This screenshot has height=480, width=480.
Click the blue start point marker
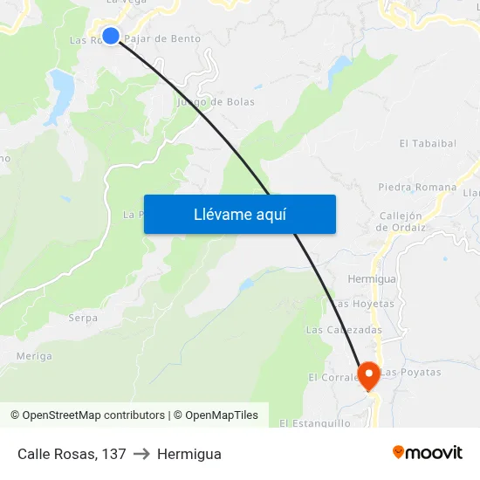click(111, 35)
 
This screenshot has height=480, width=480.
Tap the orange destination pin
click(368, 375)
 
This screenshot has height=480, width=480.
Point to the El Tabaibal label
click(428, 143)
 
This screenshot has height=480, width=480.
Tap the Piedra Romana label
click(417, 187)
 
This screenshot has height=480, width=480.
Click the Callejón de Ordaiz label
click(401, 222)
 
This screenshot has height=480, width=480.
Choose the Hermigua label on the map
click(372, 279)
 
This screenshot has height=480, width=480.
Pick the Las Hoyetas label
click(364, 304)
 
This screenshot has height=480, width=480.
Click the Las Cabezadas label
click(344, 330)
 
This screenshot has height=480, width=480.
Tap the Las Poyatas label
click(410, 373)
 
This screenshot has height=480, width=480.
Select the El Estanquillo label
click(315, 423)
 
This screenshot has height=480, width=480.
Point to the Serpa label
click(83, 319)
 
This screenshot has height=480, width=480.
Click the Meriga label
click(34, 356)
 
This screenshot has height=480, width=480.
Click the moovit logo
click(428, 453)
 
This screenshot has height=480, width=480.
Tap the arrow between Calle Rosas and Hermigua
click(141, 454)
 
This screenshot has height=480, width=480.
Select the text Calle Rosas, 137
click(72, 454)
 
